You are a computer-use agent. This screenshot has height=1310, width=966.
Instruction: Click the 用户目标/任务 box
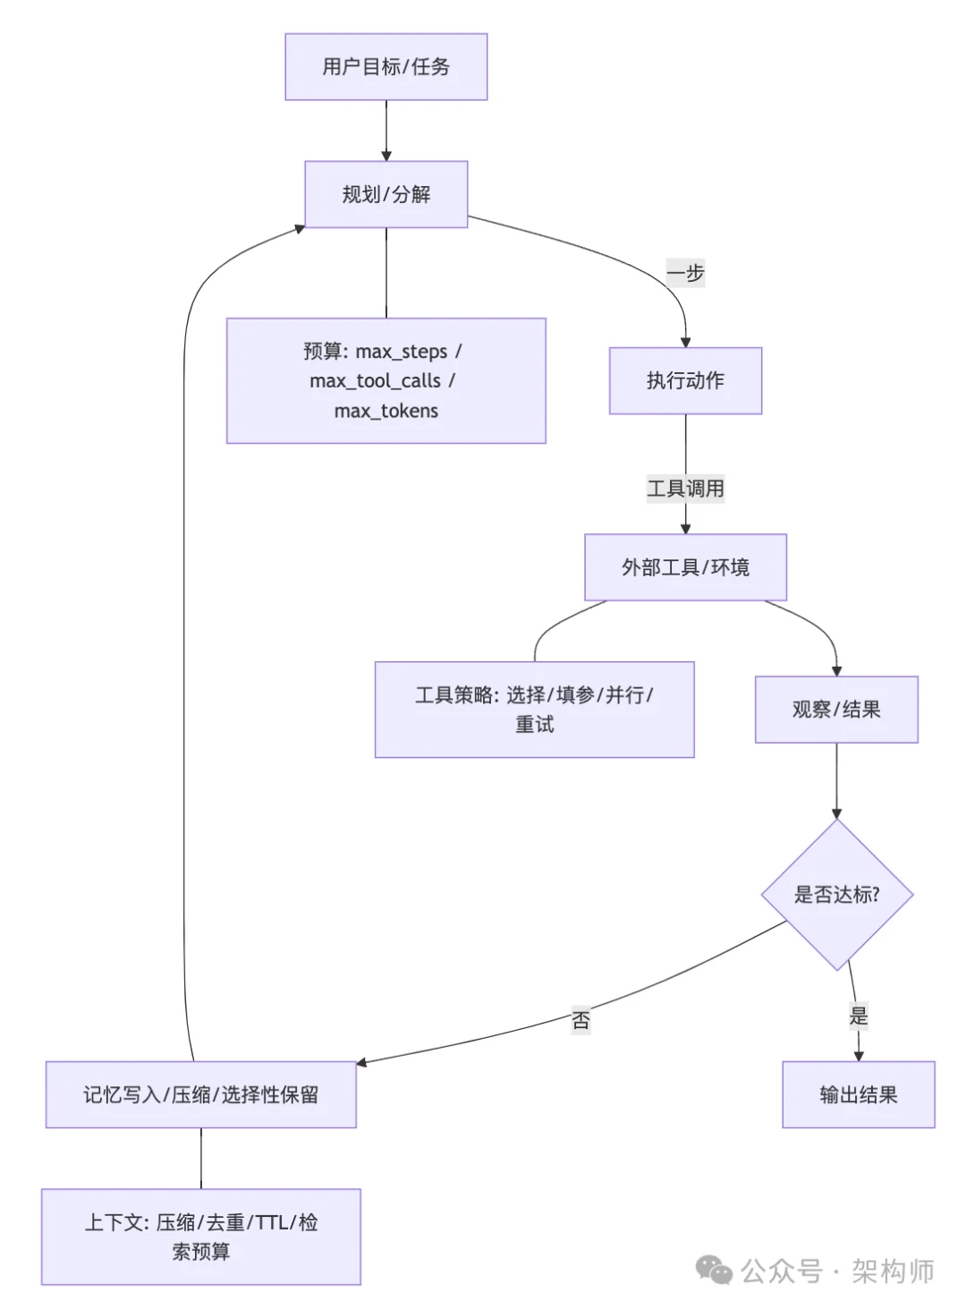point(386,67)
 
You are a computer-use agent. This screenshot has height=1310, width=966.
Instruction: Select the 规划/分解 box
point(386,194)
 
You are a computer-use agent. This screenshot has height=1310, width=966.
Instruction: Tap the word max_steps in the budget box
point(401,352)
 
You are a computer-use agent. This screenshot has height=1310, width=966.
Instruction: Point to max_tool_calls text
point(375,381)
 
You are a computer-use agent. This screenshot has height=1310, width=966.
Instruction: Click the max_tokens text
point(386,412)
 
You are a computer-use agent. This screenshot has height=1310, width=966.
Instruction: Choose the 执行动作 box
point(685,381)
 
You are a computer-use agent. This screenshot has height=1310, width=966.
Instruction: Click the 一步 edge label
point(685,274)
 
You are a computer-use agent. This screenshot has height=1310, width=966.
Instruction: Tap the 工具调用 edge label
point(685,489)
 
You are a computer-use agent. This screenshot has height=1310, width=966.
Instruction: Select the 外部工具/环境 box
point(685,567)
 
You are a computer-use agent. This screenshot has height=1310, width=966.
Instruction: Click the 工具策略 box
point(534,710)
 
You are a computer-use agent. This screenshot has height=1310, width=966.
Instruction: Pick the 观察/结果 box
point(836,710)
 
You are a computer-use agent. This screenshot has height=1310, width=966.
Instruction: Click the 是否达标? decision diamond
point(836,895)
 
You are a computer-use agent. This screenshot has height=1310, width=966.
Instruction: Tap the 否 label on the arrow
point(580,1020)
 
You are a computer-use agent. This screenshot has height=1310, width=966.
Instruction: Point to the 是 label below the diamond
point(859,1016)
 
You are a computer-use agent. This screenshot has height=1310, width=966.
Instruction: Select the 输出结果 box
point(858,1094)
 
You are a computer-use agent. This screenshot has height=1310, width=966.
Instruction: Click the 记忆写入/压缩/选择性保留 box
point(201,1094)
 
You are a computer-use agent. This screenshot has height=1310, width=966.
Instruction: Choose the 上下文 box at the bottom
point(201,1237)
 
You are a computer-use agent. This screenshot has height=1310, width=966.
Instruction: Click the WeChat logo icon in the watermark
point(714,1271)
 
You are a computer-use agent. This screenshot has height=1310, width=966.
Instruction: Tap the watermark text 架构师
point(892,1271)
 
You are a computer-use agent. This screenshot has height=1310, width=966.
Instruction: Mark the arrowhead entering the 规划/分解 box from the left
point(300,229)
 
